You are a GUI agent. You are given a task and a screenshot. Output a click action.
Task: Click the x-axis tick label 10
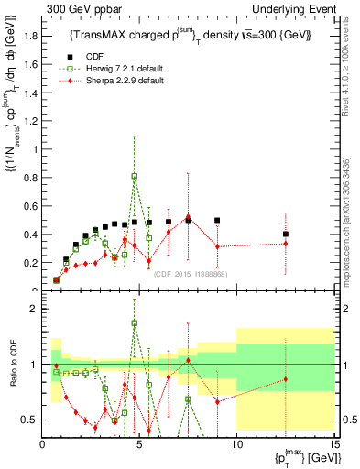click(236, 444)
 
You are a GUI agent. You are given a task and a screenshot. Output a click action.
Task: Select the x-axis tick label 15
click(333, 444)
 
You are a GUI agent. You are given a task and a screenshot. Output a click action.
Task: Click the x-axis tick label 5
click(139, 444)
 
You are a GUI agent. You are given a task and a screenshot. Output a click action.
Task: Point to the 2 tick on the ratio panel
click(34, 309)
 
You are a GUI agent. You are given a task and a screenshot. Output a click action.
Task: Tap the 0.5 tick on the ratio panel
click(29, 420)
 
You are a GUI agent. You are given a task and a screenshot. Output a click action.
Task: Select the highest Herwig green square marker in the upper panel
click(135, 176)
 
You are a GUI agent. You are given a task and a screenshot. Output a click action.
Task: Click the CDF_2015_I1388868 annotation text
click(191, 274)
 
